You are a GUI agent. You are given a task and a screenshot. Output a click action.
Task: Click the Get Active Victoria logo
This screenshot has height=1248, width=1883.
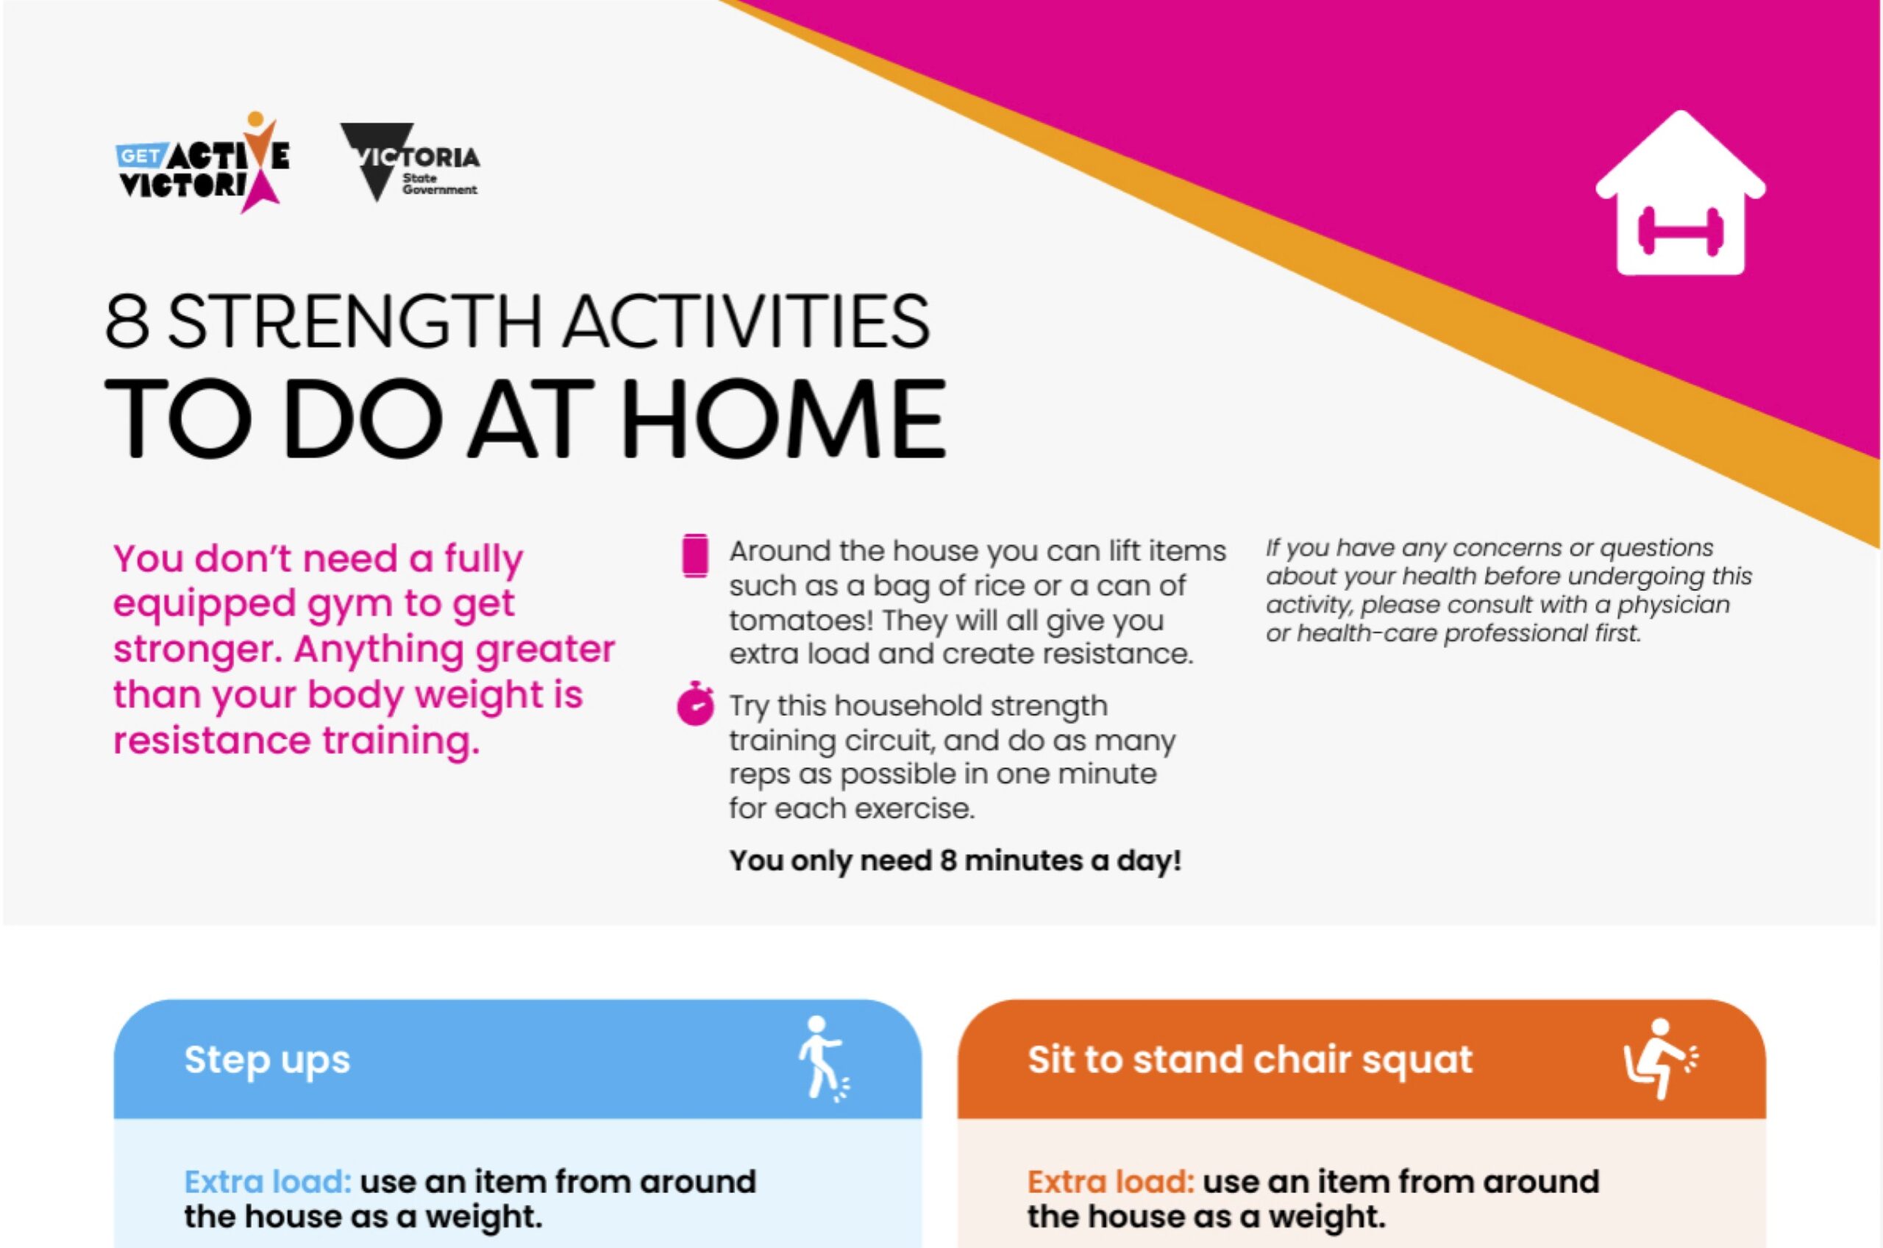pos(203,163)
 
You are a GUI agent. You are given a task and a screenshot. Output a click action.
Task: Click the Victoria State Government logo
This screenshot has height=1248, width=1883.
pos(410,163)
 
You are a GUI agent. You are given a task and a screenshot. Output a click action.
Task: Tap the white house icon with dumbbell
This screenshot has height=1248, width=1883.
pos(1680,193)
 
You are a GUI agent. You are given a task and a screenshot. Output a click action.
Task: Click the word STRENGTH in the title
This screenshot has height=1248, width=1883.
pos(356,321)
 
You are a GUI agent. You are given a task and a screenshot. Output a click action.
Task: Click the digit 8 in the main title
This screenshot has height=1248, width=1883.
pos(127,321)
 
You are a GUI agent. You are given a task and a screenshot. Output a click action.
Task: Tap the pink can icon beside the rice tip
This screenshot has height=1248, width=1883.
pos(695,555)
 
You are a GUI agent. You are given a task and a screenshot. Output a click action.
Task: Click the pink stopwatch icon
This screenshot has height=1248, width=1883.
pos(696,703)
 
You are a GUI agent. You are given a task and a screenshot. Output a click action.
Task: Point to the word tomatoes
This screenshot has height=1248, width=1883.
pos(800,619)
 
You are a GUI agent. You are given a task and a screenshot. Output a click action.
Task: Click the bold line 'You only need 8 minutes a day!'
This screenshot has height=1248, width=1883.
pos(955,860)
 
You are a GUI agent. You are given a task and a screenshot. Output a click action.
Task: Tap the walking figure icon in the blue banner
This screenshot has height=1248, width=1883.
pos(822,1058)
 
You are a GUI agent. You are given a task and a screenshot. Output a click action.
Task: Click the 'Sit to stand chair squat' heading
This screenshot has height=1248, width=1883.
pos(1250,1060)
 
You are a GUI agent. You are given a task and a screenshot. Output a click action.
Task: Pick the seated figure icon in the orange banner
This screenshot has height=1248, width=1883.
pos(1660,1058)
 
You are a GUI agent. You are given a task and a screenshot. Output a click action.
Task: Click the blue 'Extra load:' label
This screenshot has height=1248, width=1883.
pos(268,1182)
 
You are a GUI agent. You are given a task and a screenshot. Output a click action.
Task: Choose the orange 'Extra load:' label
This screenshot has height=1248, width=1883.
pos(1111,1182)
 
